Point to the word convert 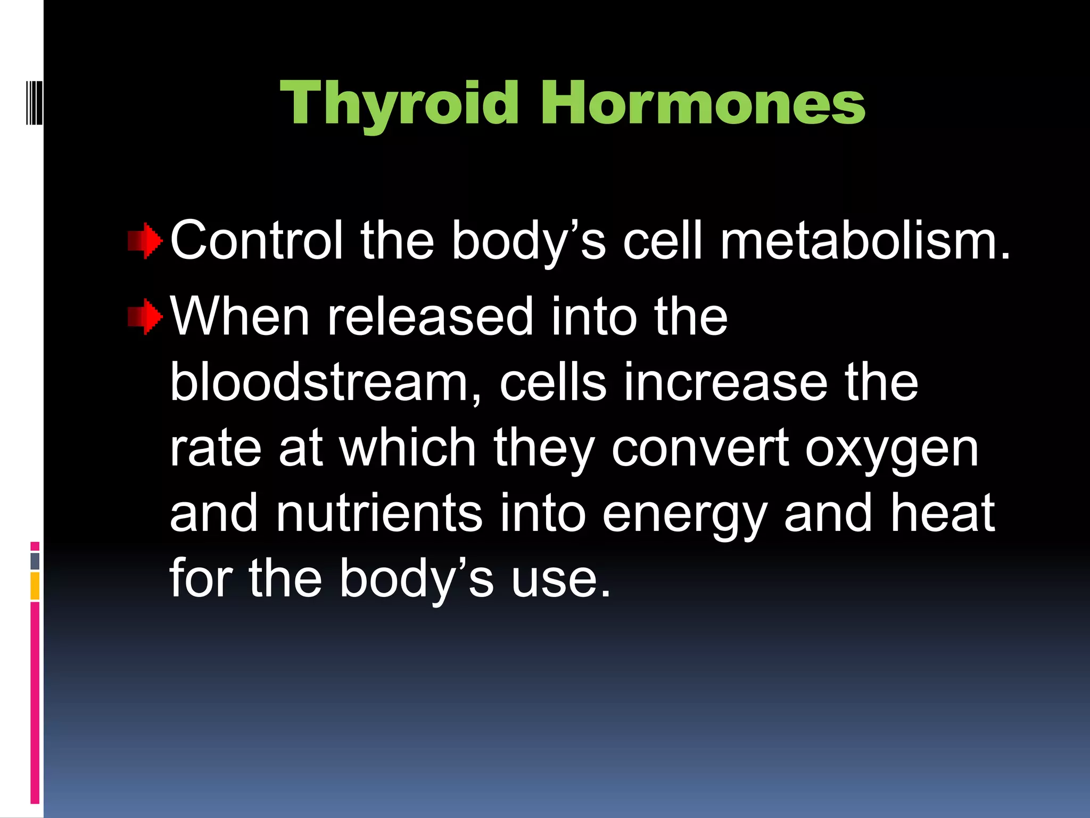(x=700, y=449)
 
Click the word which (x=407, y=448)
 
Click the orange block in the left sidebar (x=35, y=586)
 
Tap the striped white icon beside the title (x=34, y=102)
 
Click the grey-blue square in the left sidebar (x=35, y=561)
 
